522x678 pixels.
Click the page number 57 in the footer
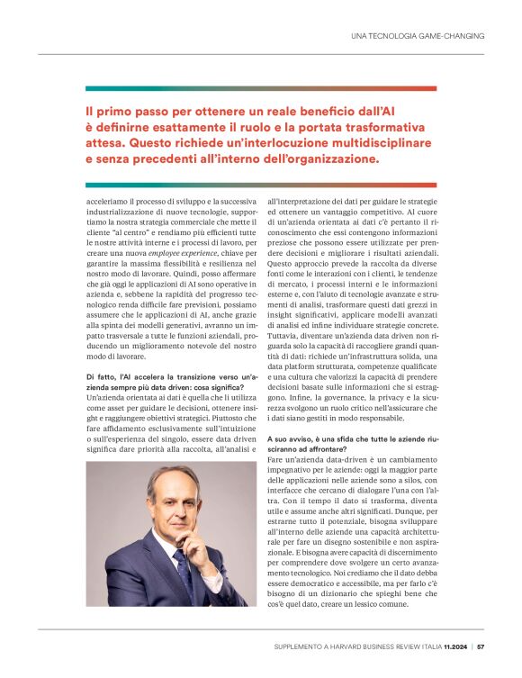pos(481,646)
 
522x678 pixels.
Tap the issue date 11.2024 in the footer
pos(453,646)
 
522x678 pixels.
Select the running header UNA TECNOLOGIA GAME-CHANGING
pos(418,36)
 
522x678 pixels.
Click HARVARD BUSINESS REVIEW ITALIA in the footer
pos(382,646)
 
